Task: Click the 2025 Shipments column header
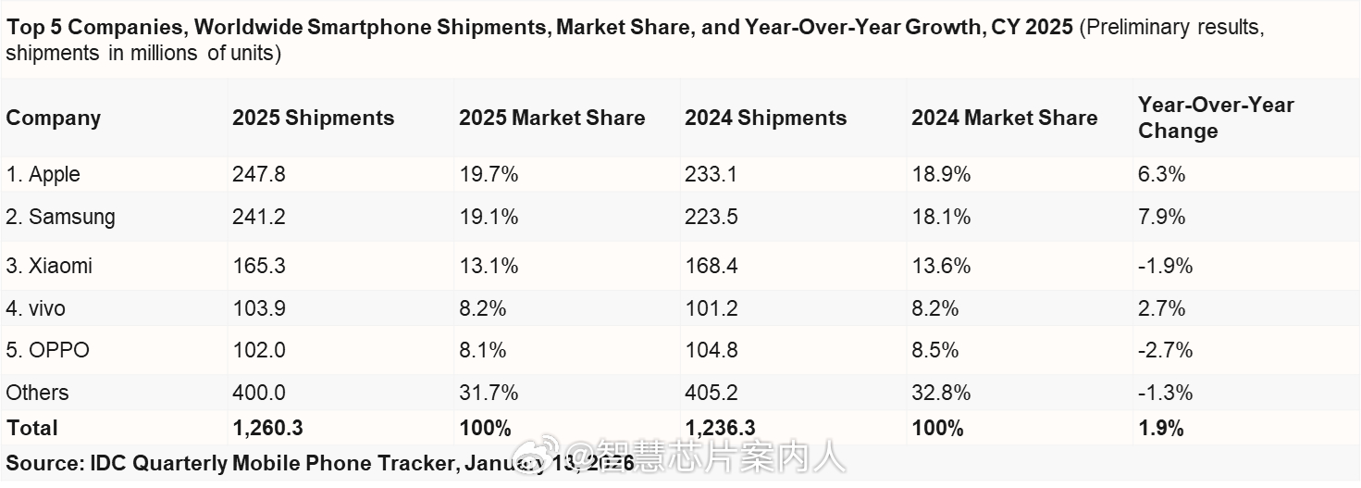pos(313,119)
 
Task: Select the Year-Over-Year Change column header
pos(1215,118)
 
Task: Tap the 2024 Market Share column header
pos(1004,119)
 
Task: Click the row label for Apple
pos(43,174)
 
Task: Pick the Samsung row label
pos(61,217)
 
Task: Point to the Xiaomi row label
pos(49,266)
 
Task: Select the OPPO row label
pos(47,350)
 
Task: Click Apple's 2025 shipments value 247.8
pos(259,174)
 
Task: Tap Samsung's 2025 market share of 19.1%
pos(489,217)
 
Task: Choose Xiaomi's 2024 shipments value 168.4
pos(711,266)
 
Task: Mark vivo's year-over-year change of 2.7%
pos(1161,308)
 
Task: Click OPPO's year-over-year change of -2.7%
pos(1165,350)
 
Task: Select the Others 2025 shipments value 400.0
pos(259,393)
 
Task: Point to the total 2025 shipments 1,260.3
pos(267,428)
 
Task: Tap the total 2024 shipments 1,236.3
pos(720,428)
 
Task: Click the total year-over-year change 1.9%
pos(1161,428)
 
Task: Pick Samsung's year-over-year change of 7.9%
pos(1161,217)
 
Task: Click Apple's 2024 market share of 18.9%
pos(941,174)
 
